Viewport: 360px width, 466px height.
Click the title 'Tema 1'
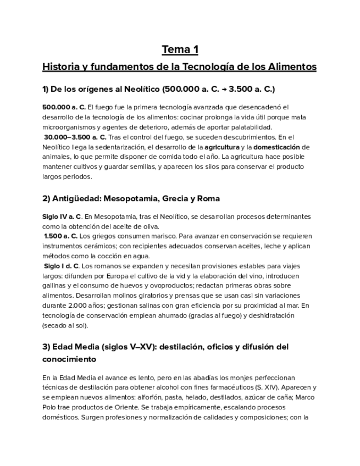pyautogui.click(x=180, y=50)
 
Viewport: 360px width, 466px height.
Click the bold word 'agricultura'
pyautogui.click(x=222, y=147)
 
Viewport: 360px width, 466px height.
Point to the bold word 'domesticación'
pyautogui.click(x=277, y=147)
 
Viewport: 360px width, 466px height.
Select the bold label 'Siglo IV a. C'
pyautogui.click(x=62, y=217)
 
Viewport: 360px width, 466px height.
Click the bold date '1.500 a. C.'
pyautogui.click(x=61, y=236)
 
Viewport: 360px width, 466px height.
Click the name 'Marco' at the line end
pyautogui.click(x=304, y=397)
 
